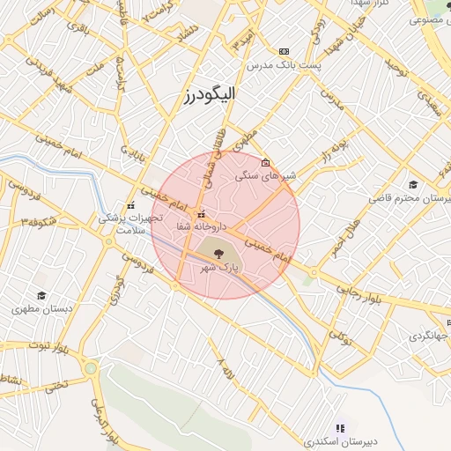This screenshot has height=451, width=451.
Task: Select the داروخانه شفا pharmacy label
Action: pos(182,226)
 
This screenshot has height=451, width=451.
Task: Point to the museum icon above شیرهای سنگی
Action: pos(266,162)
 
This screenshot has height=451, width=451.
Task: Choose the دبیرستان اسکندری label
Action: pos(338,440)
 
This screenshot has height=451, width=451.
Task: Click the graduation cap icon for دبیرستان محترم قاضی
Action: pos(412,184)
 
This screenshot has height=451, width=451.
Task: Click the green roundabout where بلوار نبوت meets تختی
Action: pos(90,367)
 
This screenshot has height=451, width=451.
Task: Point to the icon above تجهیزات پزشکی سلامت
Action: pos(131,205)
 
